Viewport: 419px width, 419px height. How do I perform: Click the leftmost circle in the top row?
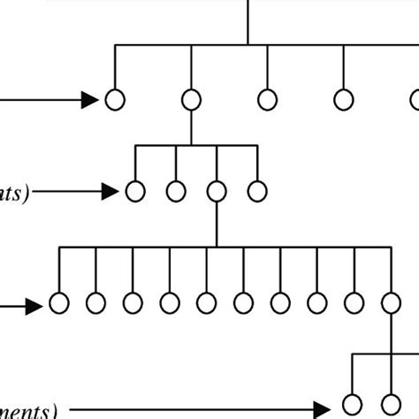115,100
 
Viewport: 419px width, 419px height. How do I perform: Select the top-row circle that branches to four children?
191,100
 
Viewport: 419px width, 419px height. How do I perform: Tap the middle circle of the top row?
267,100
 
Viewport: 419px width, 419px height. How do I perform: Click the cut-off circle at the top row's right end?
415,100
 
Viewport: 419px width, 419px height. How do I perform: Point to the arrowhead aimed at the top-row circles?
91,100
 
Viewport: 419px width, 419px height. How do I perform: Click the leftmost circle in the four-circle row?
135,190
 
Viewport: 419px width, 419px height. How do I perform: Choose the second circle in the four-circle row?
176,190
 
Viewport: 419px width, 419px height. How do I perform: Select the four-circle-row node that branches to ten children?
217,190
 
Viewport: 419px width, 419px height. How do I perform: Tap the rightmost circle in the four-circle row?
256,190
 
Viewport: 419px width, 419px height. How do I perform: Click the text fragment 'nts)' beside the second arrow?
13,194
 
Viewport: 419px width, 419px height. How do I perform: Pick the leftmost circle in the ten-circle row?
59,304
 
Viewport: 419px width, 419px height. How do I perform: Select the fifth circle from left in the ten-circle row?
207,304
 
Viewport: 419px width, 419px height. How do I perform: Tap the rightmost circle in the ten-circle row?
391,304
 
